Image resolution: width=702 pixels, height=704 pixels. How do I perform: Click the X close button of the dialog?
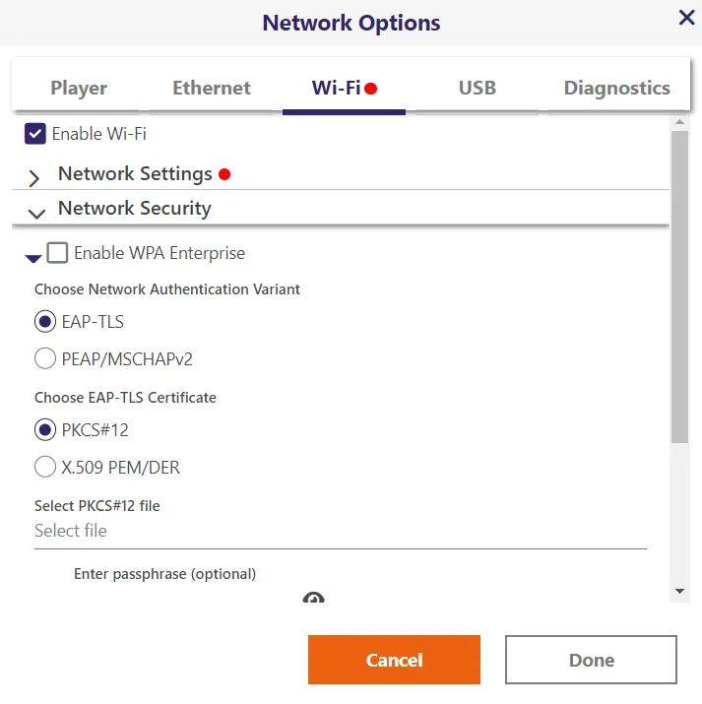(x=687, y=18)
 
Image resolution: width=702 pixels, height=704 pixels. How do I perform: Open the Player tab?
(x=79, y=88)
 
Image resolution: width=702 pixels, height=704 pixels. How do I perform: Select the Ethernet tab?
(x=212, y=88)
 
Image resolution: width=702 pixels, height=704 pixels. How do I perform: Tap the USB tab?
(x=478, y=88)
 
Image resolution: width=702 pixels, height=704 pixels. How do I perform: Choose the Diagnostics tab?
(x=616, y=88)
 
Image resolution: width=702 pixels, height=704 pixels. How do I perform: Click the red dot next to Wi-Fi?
(x=371, y=89)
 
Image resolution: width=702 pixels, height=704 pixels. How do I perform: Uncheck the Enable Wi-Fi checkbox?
(x=35, y=134)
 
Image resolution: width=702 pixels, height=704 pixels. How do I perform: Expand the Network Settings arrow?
(x=34, y=178)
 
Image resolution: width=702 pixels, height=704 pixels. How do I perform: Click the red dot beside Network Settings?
(x=224, y=174)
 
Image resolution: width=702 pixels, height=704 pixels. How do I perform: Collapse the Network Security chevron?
(x=36, y=214)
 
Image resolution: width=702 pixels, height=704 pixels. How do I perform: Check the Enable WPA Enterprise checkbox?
(x=57, y=253)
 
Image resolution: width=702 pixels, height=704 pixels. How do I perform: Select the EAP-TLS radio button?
(x=45, y=321)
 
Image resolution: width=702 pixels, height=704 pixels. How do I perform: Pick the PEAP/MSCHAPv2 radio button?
(x=45, y=358)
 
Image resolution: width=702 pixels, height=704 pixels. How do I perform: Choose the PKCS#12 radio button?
(x=45, y=429)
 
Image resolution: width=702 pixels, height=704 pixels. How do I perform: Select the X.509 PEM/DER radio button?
(x=45, y=467)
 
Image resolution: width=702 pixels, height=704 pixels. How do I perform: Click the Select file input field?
(x=341, y=531)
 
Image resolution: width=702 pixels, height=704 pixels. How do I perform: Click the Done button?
(x=591, y=660)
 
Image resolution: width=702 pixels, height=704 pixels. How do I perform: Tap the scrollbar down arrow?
(x=680, y=591)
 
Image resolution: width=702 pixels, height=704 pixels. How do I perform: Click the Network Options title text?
(x=351, y=23)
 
